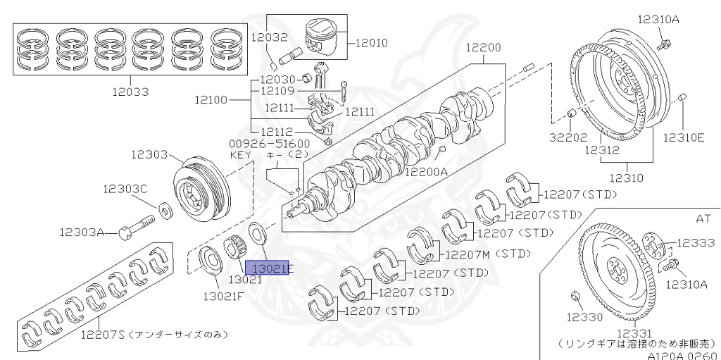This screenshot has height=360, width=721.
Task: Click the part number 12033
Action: [x=130, y=92]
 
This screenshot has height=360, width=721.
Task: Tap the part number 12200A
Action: [x=426, y=172]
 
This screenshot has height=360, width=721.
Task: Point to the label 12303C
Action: [x=125, y=189]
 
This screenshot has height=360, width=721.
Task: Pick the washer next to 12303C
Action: [x=163, y=209]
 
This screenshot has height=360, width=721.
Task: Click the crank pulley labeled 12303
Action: [x=202, y=185]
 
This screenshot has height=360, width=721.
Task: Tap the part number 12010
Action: [x=372, y=43]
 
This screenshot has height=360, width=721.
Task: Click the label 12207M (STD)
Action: [x=489, y=254]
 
